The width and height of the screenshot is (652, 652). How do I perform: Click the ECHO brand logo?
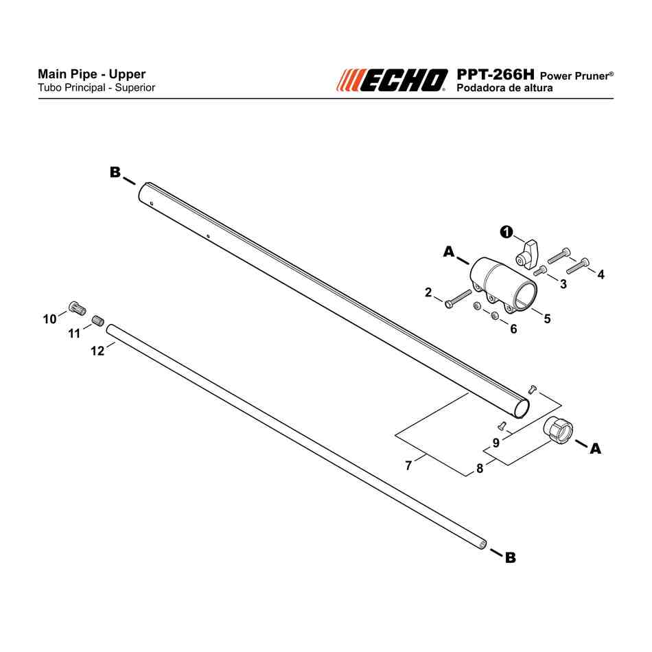coord(392,80)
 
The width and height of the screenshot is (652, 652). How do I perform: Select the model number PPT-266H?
coord(496,74)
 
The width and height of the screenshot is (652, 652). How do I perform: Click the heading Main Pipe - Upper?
coord(91,74)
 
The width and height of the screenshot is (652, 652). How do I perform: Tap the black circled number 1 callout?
coord(506,232)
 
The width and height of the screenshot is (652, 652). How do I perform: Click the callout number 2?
coord(428,292)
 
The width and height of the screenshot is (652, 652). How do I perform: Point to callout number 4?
coord(601,275)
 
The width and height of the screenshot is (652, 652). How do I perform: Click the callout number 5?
coord(547,318)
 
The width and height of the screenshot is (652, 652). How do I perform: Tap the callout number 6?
coord(513,329)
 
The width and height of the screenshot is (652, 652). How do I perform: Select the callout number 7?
coord(408,465)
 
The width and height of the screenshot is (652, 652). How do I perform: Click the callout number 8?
coord(480,468)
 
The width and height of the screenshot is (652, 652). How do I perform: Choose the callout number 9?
coord(496,443)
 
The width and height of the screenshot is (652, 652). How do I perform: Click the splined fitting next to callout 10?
coord(78,307)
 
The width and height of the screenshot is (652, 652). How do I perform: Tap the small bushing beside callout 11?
coord(98,321)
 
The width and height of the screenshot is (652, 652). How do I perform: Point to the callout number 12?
coord(97,351)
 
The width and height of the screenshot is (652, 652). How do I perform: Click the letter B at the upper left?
coord(115,172)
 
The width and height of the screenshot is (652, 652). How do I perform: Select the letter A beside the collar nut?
coord(596,448)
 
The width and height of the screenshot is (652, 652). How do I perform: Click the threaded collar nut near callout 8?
coord(558,430)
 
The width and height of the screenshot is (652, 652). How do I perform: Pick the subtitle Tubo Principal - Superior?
coord(97,88)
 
